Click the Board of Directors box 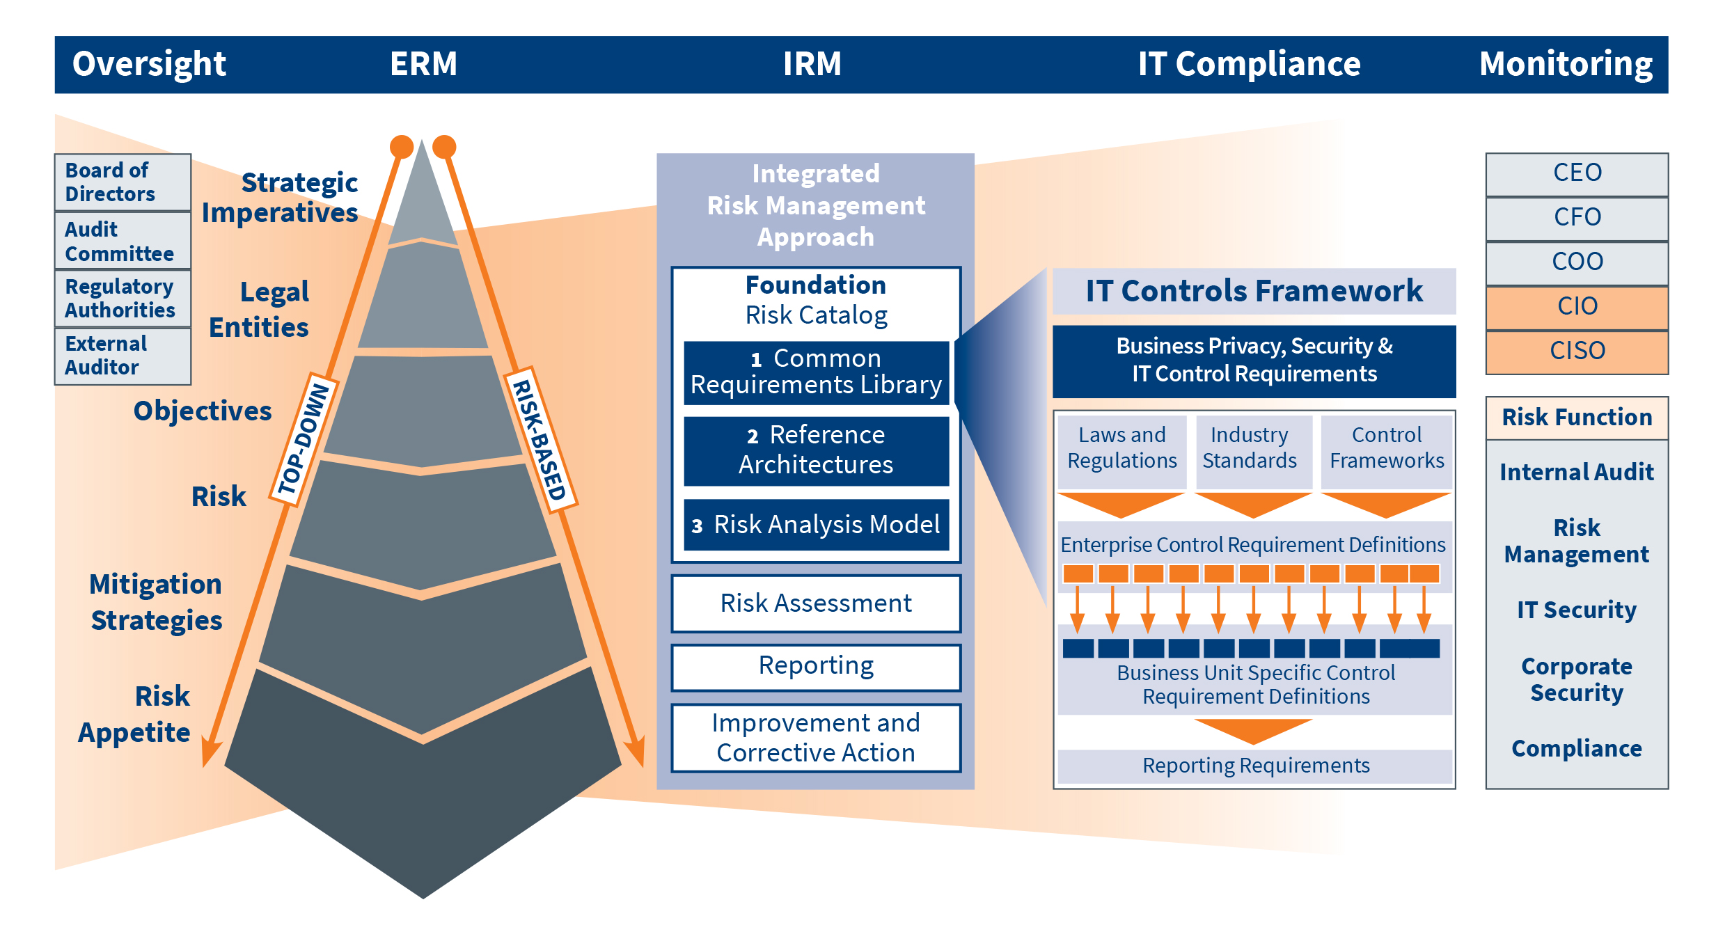[122, 182]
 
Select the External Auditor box [122, 356]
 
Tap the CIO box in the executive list [1576, 306]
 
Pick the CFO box [1576, 217]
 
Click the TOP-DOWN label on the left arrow [304, 440]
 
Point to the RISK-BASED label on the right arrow [540, 440]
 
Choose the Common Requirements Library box [816, 372]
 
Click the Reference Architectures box [816, 450]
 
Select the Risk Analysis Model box [816, 525]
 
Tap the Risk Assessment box [816, 603]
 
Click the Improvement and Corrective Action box [816, 738]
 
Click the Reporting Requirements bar [1254, 766]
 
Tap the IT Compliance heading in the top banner [1249, 64]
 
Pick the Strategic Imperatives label [281, 198]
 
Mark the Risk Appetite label [135, 714]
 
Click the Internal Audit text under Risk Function [1576, 473]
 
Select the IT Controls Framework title [1254, 291]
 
